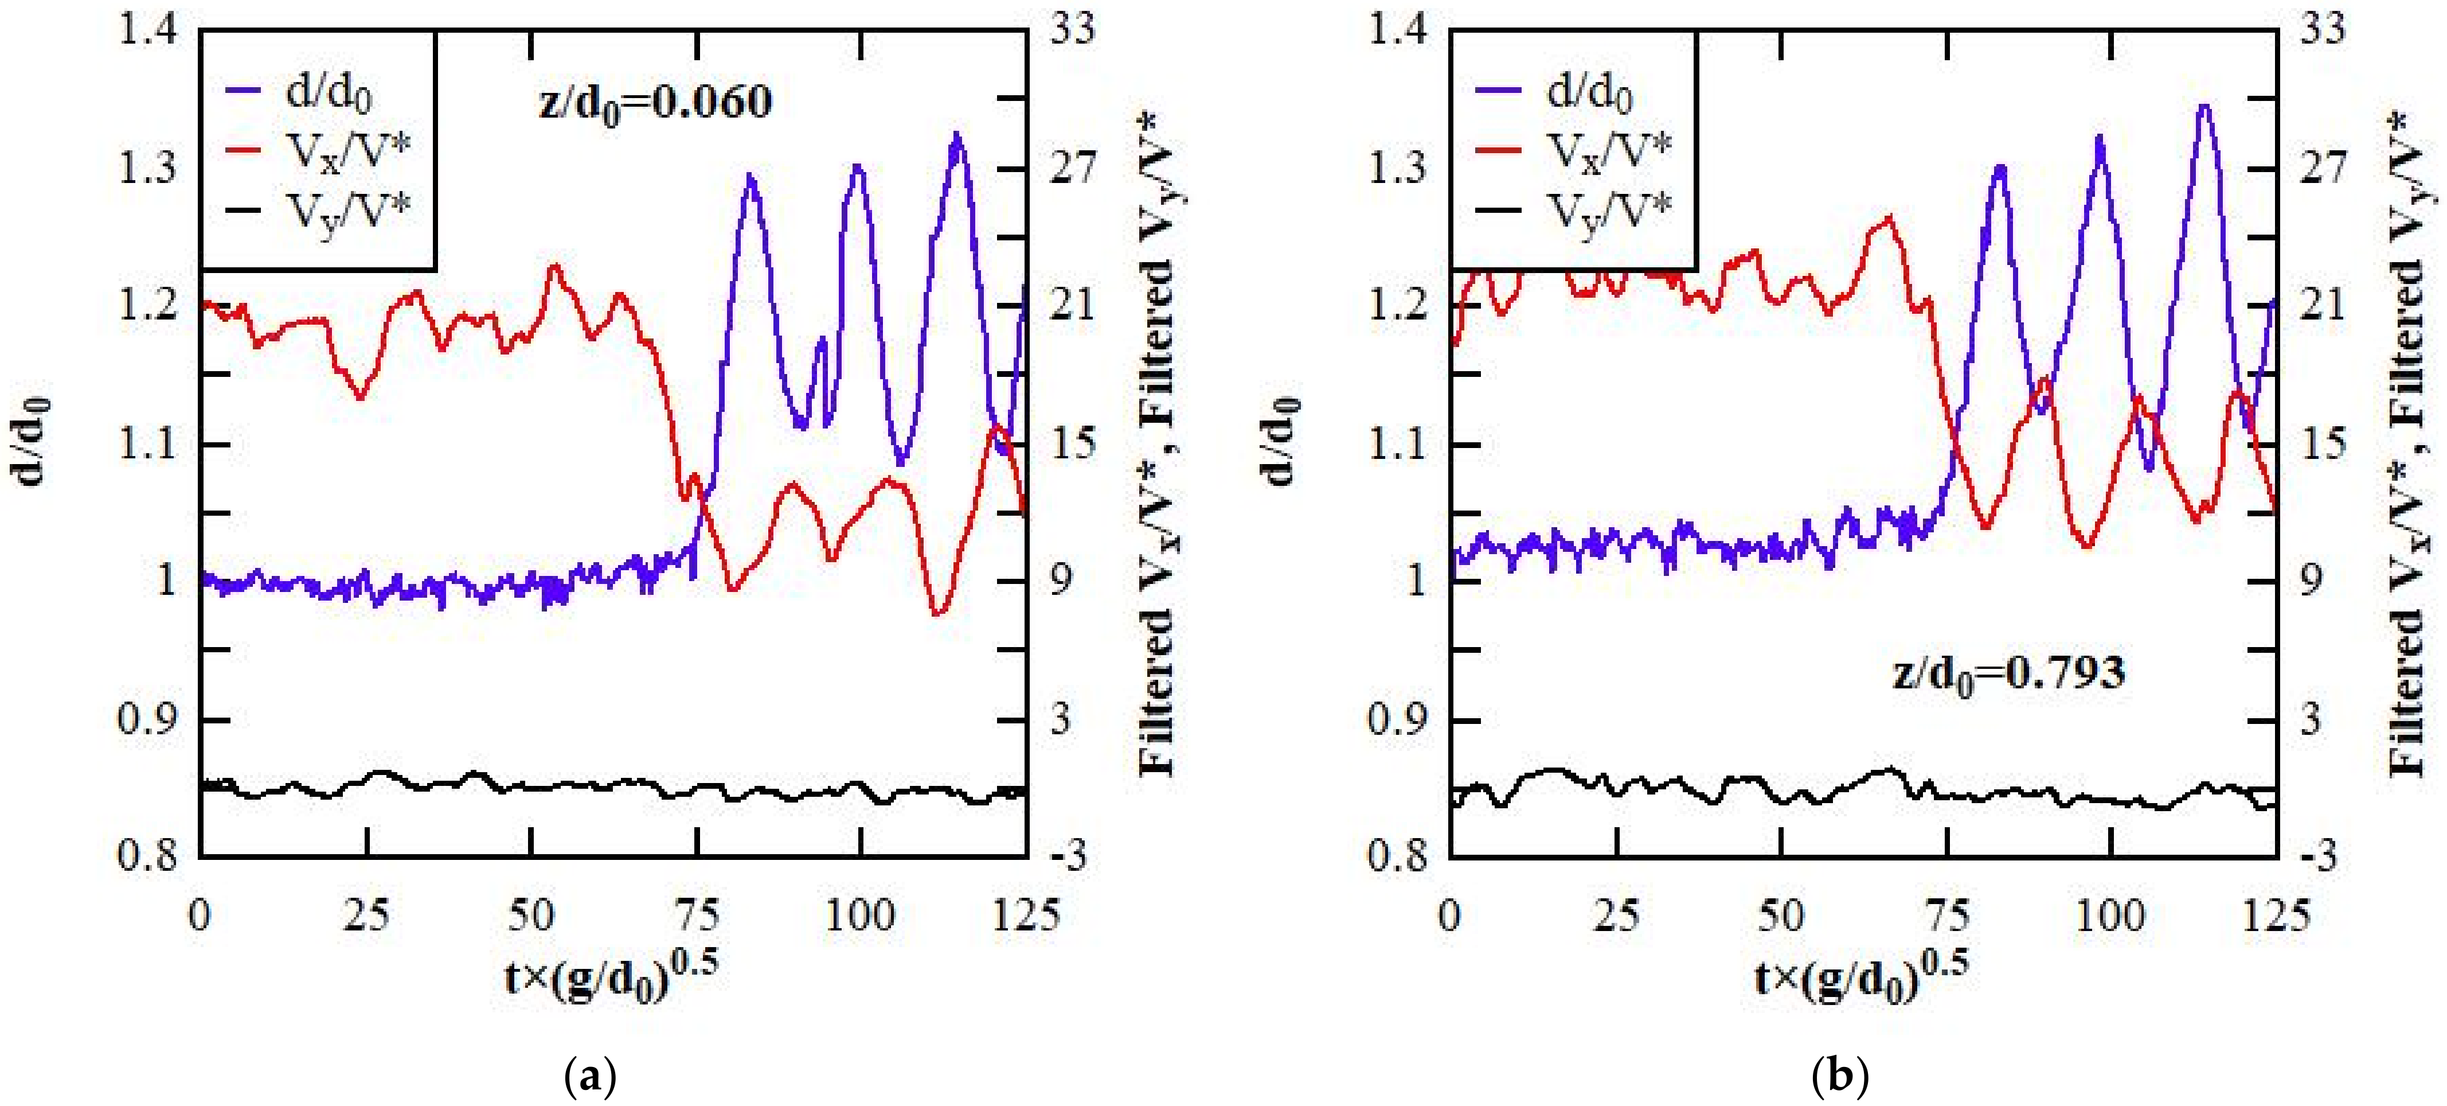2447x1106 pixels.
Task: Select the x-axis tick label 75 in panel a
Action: tap(696, 915)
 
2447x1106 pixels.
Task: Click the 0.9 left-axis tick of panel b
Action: tap(1397, 719)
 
